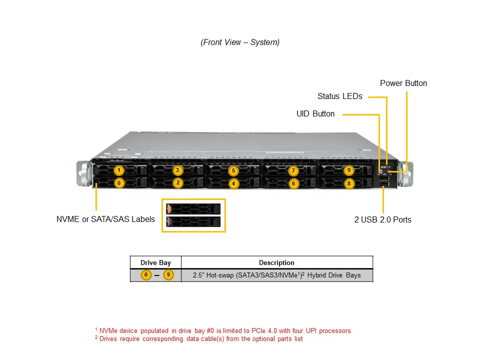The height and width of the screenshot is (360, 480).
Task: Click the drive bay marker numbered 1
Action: click(x=119, y=170)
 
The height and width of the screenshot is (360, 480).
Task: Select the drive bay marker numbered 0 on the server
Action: click(x=119, y=183)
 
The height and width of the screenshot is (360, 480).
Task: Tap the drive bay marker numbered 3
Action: click(x=177, y=170)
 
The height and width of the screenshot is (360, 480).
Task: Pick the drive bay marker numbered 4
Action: click(x=233, y=184)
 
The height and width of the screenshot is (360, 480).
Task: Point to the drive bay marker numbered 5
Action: click(x=233, y=171)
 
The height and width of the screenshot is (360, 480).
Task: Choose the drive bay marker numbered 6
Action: click(x=293, y=184)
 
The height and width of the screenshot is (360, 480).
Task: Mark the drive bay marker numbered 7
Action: click(x=293, y=171)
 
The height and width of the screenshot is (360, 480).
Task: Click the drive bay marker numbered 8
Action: click(x=349, y=183)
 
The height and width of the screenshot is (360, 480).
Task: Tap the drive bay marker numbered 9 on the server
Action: click(x=349, y=170)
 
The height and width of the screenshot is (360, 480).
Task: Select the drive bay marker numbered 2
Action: click(x=177, y=183)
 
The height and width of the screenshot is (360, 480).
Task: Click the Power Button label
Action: click(x=403, y=83)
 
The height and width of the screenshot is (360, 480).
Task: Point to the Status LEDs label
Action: click(x=340, y=96)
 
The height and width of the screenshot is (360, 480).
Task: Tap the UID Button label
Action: click(x=315, y=114)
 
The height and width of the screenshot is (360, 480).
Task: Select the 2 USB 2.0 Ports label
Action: click(x=383, y=219)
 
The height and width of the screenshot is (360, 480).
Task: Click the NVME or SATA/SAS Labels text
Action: click(x=105, y=219)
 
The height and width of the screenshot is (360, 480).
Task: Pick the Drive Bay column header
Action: click(x=155, y=262)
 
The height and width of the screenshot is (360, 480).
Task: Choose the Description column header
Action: click(x=276, y=262)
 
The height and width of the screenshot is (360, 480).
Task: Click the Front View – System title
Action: click(x=240, y=42)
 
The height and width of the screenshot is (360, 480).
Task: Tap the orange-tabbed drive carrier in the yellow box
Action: click(x=193, y=208)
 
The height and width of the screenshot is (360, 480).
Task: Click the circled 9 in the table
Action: click(x=168, y=275)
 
